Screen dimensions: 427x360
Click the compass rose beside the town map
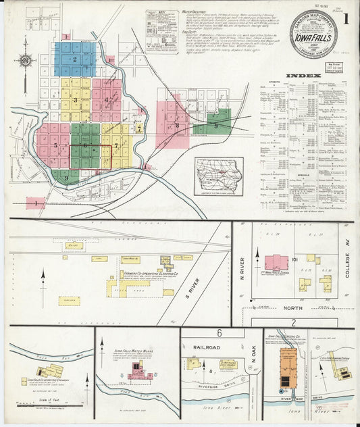(x=25, y=61)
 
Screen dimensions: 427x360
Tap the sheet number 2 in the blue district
(x=75, y=59)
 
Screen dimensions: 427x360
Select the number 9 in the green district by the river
(x=66, y=178)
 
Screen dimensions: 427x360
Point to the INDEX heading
(x=299, y=75)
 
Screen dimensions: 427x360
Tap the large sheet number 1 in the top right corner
(x=346, y=20)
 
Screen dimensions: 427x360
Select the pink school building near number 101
(x=276, y=262)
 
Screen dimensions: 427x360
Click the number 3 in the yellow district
(x=76, y=101)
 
